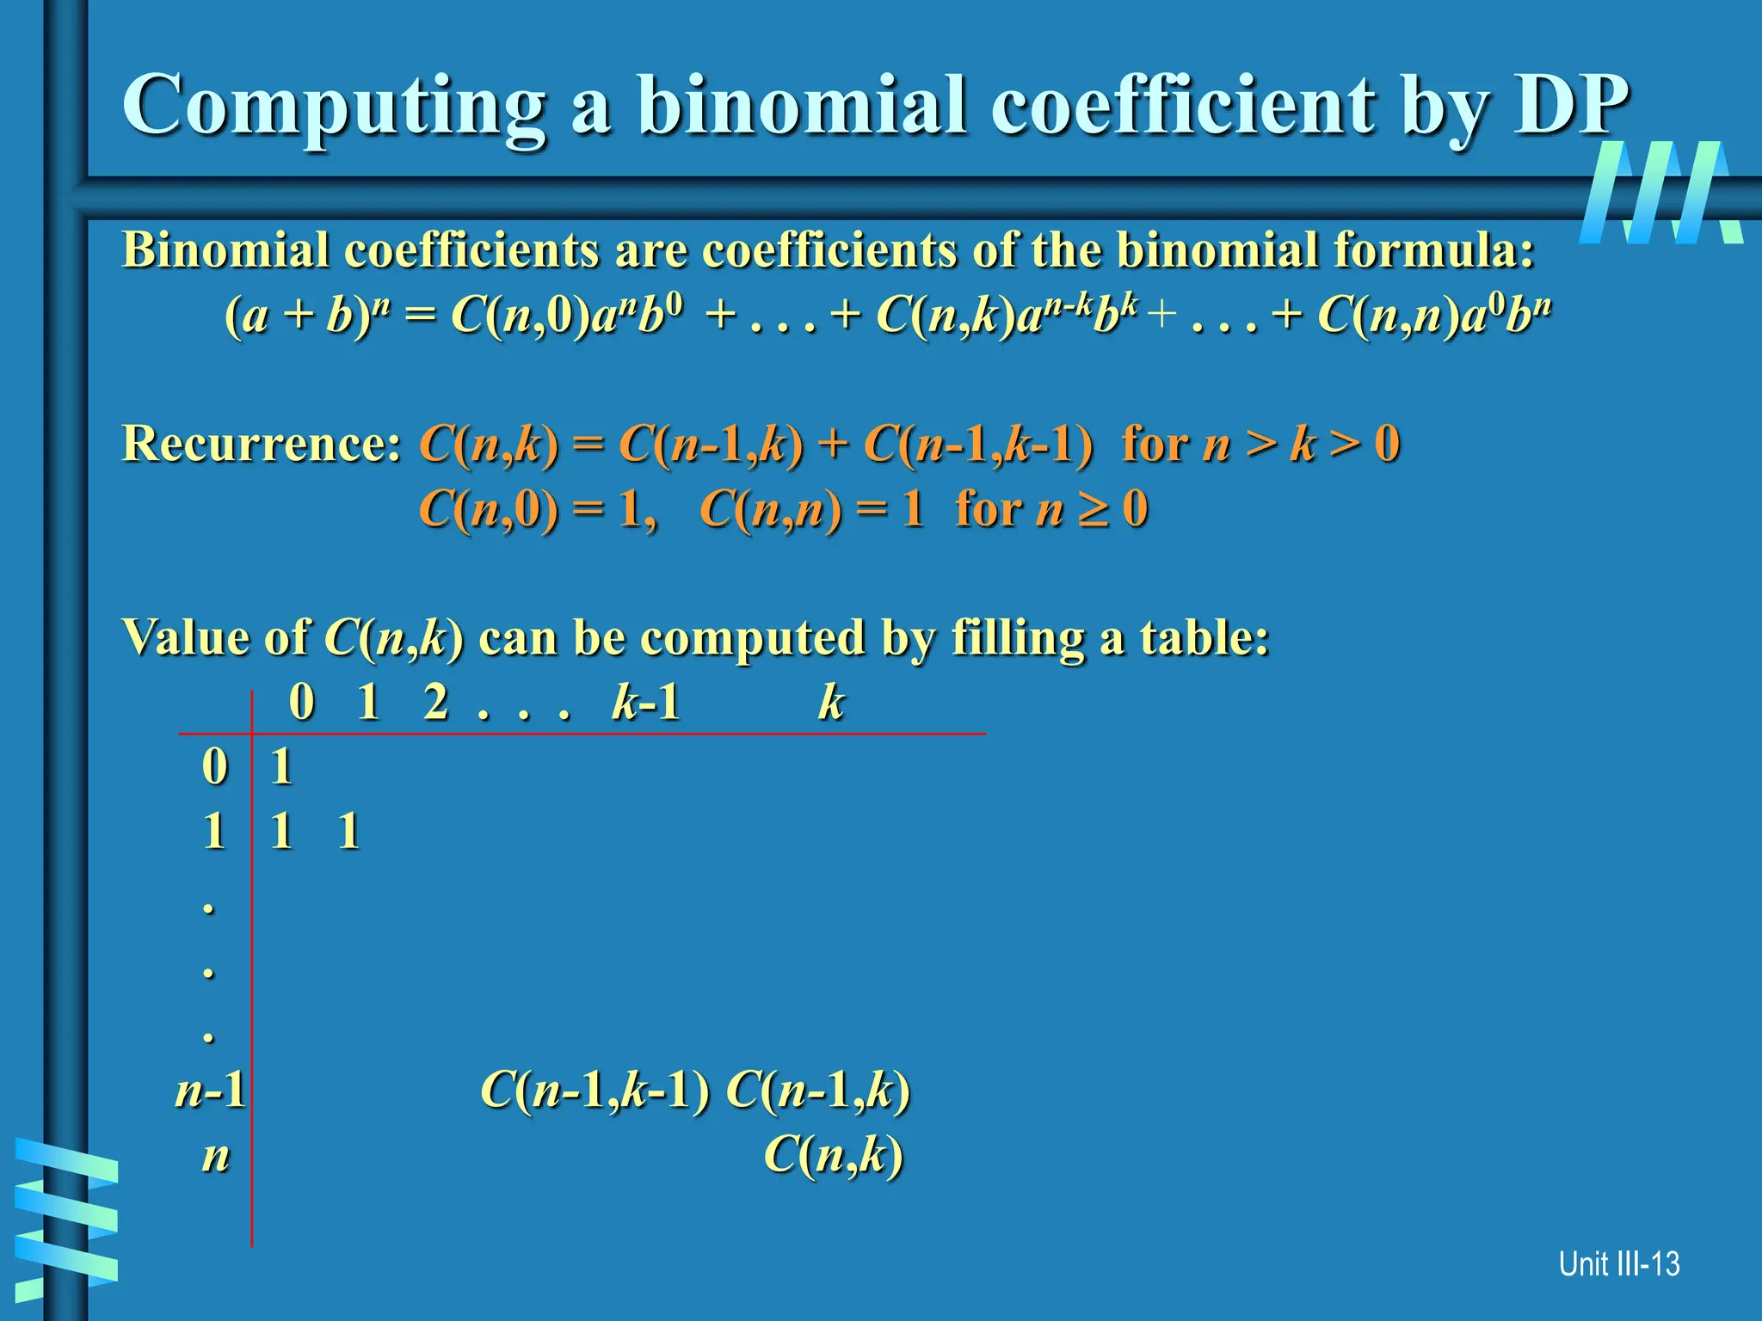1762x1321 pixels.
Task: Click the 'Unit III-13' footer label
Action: (x=1618, y=1264)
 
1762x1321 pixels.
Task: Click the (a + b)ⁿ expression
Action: (x=304, y=315)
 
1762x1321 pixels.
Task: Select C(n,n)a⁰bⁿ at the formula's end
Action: (x=1434, y=315)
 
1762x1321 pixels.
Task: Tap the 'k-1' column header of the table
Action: (x=645, y=703)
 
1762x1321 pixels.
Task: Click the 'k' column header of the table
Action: (x=831, y=703)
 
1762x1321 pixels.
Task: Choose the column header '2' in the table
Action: (x=436, y=703)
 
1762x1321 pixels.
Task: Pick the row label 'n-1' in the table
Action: (x=210, y=1091)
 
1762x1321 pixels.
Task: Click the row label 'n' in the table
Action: (x=216, y=1156)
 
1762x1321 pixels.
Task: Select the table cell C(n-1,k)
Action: (x=818, y=1091)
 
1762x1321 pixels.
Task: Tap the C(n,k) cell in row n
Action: (x=834, y=1155)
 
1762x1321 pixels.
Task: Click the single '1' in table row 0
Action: (x=281, y=766)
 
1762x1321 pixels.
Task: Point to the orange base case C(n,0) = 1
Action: (x=537, y=509)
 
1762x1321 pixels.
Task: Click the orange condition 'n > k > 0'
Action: (x=1302, y=445)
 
